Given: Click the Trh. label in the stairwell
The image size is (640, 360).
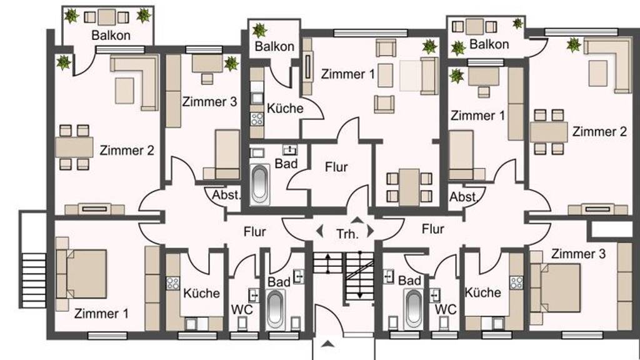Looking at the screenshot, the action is [347, 234].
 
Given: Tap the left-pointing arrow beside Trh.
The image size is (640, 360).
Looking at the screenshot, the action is [319, 231].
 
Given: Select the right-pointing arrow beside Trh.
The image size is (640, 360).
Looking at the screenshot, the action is [370, 231].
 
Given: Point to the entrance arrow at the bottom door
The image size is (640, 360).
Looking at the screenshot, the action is [327, 344].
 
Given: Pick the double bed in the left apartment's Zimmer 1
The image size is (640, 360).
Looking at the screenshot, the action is [82, 274].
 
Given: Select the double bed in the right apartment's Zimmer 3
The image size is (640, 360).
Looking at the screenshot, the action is [555, 287].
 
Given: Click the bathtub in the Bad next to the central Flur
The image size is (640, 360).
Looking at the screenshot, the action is [260, 184].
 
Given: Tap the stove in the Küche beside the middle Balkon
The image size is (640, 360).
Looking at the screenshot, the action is [257, 119].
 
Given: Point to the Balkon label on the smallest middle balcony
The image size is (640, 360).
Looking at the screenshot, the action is [274, 46].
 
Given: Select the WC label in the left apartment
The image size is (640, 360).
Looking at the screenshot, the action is [242, 310].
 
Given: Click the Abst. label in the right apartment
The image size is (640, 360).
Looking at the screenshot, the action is [463, 197].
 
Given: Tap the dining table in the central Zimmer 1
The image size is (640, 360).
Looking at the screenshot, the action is [409, 187].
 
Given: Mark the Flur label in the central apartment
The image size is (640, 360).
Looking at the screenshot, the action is [336, 167].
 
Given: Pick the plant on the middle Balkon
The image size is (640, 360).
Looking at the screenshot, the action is [259, 30].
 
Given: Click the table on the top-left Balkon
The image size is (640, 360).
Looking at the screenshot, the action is [107, 17].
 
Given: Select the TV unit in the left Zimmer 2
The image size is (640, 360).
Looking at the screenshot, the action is [95, 209].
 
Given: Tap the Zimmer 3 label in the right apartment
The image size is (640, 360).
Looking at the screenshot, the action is [578, 254].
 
